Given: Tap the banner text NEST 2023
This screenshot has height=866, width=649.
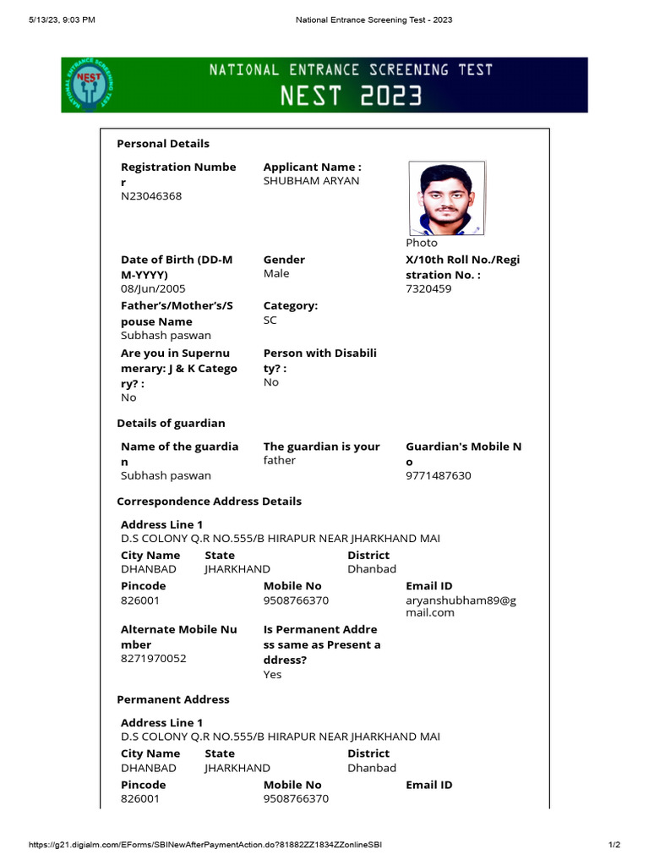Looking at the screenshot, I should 352,96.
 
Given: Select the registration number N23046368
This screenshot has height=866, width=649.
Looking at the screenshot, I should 151,196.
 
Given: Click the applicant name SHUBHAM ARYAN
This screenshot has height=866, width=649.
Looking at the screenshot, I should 311,181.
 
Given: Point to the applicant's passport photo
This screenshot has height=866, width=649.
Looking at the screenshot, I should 446,198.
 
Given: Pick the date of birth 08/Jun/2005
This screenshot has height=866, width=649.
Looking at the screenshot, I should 153,289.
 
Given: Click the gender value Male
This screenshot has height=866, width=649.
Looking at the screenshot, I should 276,274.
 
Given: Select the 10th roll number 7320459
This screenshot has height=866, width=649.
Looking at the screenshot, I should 428,289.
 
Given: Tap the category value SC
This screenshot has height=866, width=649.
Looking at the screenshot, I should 270,321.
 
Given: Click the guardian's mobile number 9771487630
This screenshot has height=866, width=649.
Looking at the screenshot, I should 439,476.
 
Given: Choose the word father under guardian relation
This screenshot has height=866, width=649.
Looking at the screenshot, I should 281,461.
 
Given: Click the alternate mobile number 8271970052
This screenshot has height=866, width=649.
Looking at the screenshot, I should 154,659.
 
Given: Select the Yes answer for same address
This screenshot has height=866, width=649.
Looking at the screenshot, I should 272,675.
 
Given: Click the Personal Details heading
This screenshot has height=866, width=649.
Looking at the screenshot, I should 163,144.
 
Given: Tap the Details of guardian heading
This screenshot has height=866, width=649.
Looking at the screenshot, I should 171,423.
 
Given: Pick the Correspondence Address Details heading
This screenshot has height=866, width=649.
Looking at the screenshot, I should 209,502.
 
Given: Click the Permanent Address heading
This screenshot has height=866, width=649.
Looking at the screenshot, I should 173,700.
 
